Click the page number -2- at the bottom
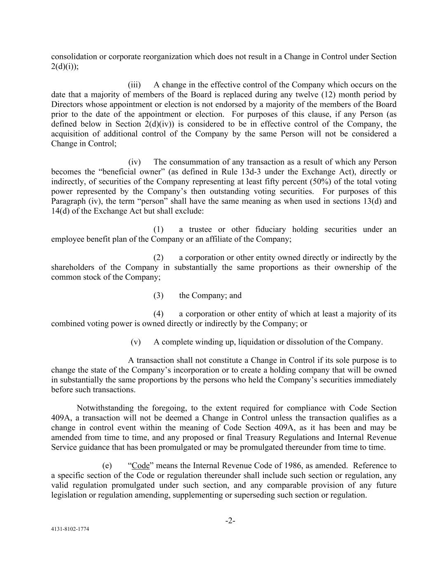[x=230, y=521]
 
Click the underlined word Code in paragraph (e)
[x=141, y=466]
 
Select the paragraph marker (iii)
[x=134, y=85]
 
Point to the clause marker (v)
[x=136, y=342]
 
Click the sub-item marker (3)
[x=158, y=296]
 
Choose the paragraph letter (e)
[x=107, y=466]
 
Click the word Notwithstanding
[x=106, y=408]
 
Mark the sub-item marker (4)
[x=158, y=314]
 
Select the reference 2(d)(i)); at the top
[x=65, y=66]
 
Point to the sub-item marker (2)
[x=158, y=258]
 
